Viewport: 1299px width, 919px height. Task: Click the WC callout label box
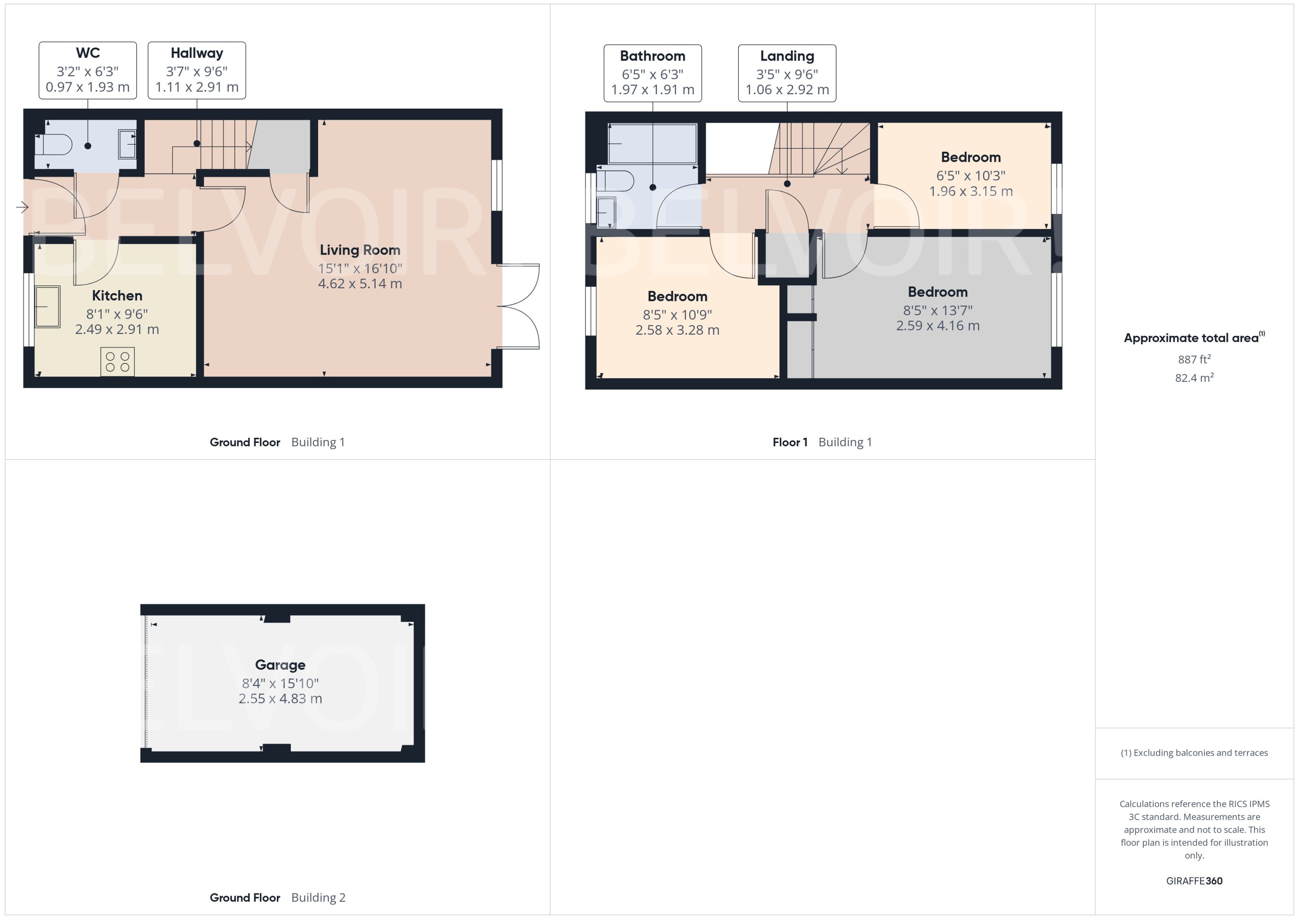click(x=88, y=70)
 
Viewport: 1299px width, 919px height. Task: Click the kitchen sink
click(x=48, y=307)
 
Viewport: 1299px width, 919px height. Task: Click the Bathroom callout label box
click(x=652, y=73)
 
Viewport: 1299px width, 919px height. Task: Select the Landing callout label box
click(x=787, y=73)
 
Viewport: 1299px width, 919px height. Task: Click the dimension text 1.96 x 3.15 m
click(x=970, y=191)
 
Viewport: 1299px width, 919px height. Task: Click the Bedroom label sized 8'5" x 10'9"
click(x=677, y=296)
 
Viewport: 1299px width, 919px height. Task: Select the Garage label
click(x=280, y=665)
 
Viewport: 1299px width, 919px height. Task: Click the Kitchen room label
click(x=117, y=295)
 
